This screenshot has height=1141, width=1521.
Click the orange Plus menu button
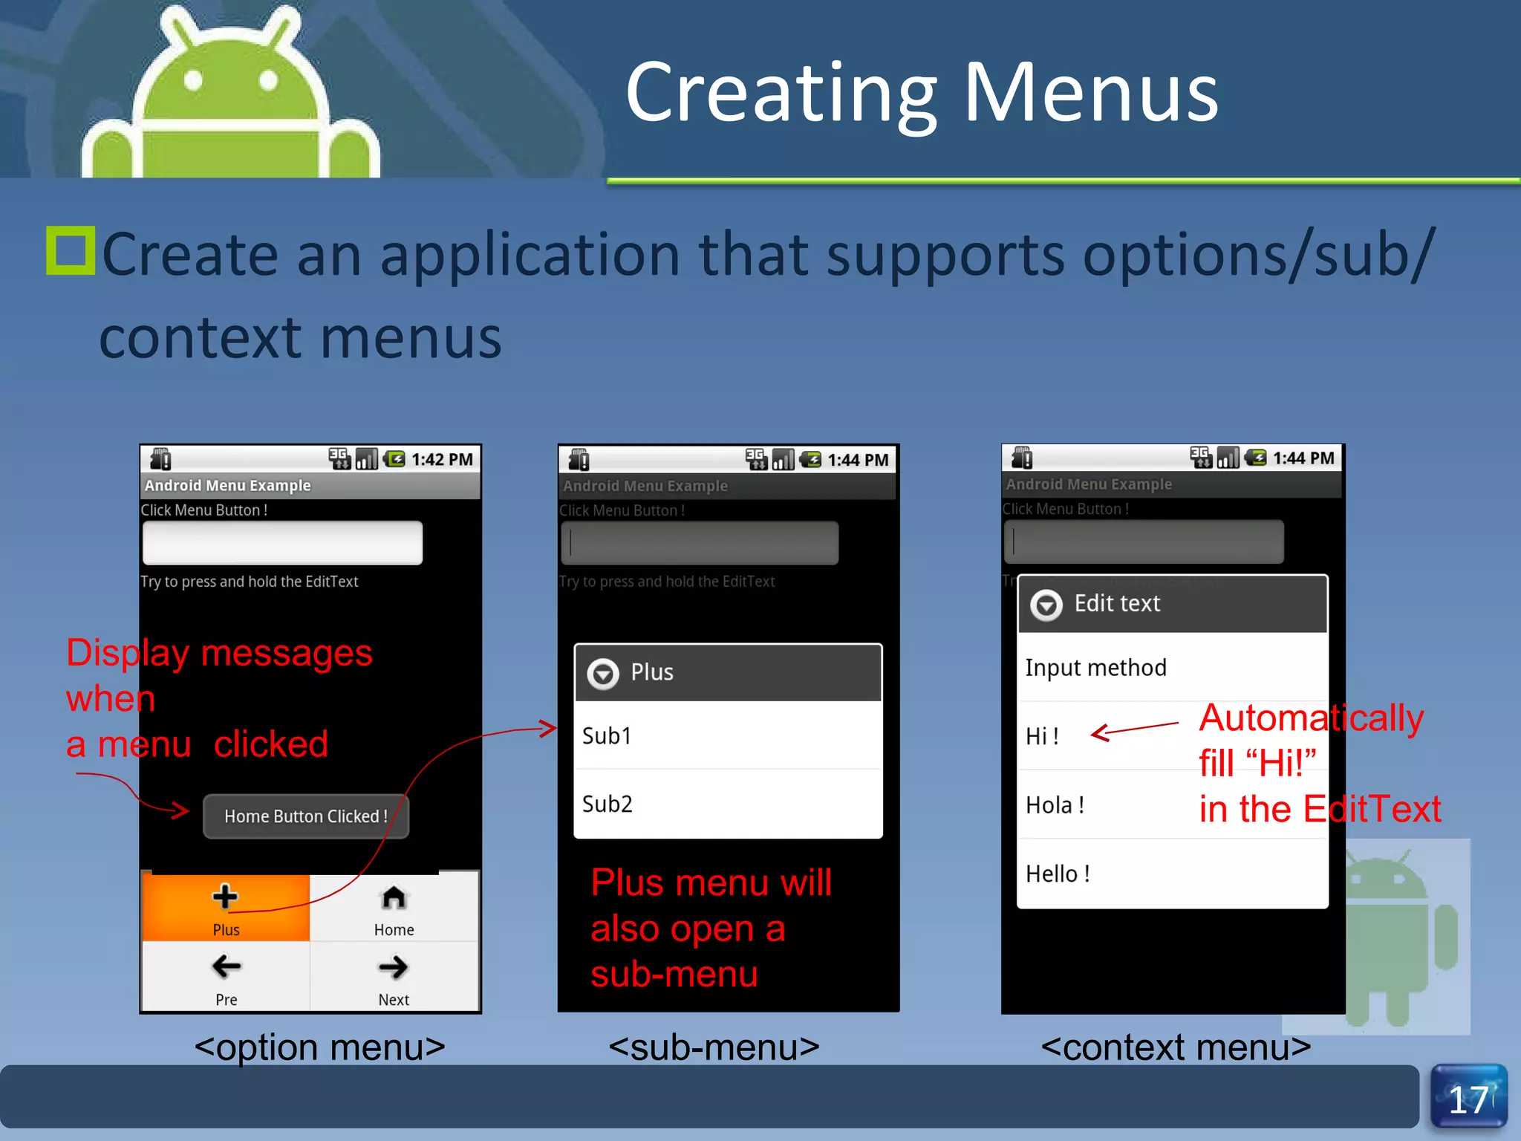[226, 908]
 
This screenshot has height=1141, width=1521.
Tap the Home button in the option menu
[394, 908]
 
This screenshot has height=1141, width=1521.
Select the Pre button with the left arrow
[226, 977]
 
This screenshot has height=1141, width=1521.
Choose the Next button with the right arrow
[394, 977]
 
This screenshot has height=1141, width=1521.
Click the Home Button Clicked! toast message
[305, 816]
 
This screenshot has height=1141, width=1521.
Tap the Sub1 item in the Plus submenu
[728, 735]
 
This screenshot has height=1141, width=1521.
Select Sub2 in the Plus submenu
[728, 804]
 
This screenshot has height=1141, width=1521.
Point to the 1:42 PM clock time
[442, 460]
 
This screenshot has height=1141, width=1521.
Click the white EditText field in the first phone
[282, 543]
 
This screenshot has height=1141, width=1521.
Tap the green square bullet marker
[71, 250]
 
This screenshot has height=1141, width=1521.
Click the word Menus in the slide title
[1091, 92]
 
